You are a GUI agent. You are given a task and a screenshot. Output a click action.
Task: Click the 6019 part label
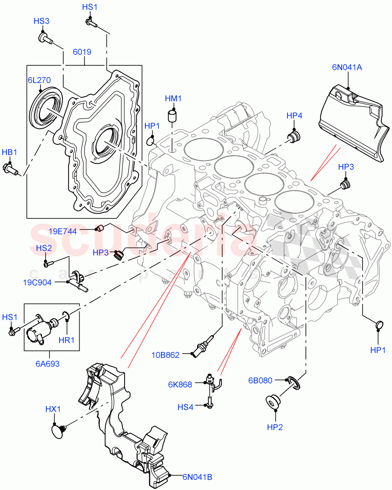point(82,52)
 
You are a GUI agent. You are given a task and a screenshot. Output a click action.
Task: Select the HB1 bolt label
point(9,152)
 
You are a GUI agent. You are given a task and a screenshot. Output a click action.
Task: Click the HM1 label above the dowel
point(173,98)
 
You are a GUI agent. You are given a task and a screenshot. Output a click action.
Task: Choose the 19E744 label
point(62,232)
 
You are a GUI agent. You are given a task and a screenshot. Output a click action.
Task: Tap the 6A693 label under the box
point(47,363)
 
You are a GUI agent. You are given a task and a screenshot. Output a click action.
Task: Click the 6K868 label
point(180,384)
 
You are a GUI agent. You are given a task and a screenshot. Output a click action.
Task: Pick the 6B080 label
point(260,380)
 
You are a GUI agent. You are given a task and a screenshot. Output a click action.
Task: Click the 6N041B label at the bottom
point(197,477)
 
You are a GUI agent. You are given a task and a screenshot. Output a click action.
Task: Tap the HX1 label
point(53,409)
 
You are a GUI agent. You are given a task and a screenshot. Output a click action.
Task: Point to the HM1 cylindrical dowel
point(173,116)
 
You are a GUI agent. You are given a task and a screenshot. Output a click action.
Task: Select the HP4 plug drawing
point(293,136)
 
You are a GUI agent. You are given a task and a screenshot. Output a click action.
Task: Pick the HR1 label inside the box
point(67,340)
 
